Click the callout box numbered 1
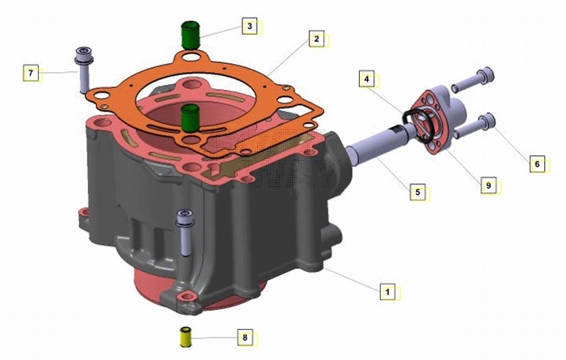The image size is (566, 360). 387,291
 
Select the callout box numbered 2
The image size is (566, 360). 317,39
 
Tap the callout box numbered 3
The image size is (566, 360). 249,26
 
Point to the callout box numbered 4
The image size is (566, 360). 367,78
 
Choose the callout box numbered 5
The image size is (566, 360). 418,192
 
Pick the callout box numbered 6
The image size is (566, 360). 537,164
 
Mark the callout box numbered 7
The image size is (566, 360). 31,73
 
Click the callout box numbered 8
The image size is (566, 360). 245,337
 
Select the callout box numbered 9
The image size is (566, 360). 488,185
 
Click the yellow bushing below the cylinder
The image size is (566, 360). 185,337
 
